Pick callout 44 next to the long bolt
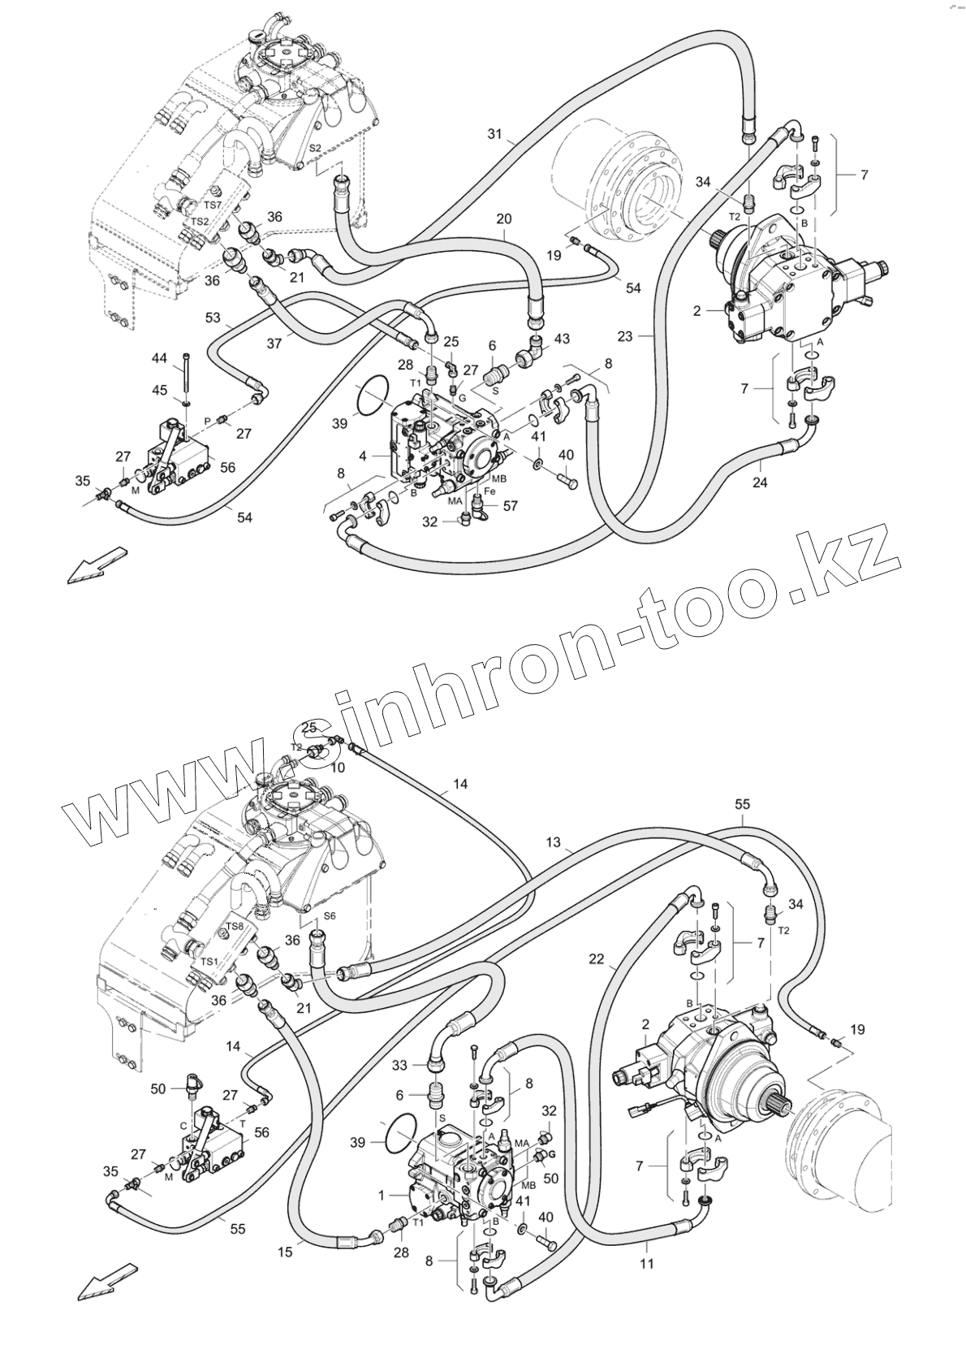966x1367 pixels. point(160,357)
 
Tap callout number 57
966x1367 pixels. point(510,505)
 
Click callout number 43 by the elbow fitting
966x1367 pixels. point(561,339)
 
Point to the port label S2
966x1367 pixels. point(316,149)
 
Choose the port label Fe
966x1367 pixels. point(490,491)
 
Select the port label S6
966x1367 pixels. point(330,915)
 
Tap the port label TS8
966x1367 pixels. point(235,926)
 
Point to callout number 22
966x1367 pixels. point(597,959)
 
